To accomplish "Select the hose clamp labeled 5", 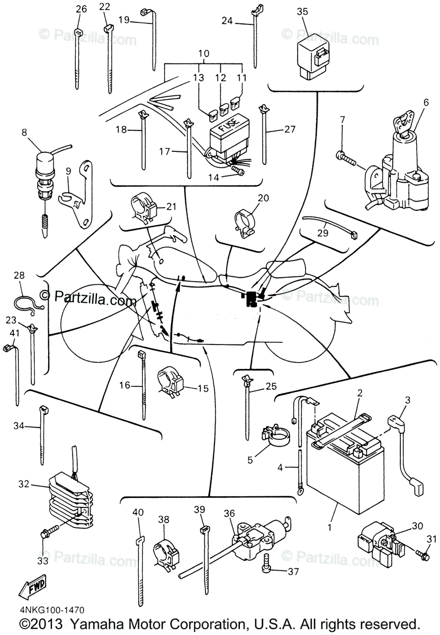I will pos(275,436).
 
